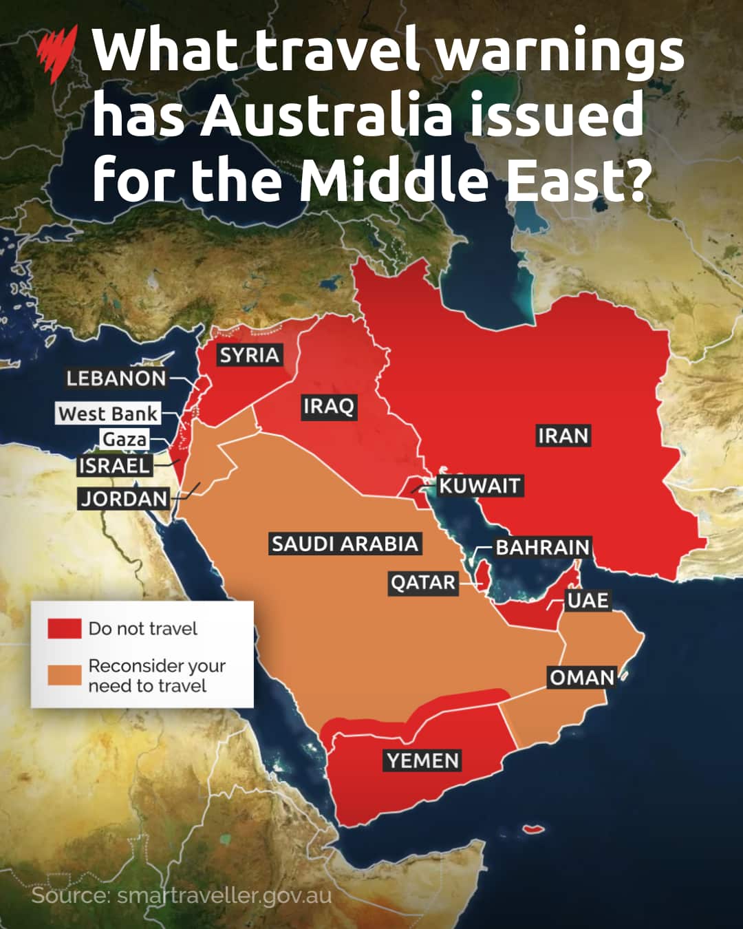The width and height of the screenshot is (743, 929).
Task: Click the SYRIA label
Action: click(249, 355)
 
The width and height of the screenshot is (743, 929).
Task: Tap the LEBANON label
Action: click(116, 378)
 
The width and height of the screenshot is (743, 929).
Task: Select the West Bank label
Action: click(108, 414)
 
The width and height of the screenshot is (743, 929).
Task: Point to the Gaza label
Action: click(125, 439)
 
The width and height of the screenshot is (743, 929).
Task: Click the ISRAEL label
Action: click(114, 465)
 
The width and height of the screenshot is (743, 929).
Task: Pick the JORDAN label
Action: click(125, 498)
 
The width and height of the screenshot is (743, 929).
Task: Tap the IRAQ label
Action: click(328, 406)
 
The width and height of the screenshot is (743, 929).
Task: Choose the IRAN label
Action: click(563, 436)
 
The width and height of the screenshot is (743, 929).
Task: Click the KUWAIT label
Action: click(480, 486)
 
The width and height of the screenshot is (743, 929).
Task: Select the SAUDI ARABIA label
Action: click(345, 544)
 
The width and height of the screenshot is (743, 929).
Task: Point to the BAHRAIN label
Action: click(543, 547)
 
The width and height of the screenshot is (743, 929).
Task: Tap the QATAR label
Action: click(423, 583)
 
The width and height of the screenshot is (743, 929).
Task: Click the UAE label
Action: click(588, 600)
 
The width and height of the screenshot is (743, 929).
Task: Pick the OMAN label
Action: click(581, 677)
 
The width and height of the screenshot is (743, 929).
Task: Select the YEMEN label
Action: click(422, 760)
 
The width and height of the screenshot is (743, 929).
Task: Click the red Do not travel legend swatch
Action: click(64, 628)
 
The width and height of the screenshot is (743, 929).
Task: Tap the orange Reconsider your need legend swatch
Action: click(64, 675)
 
